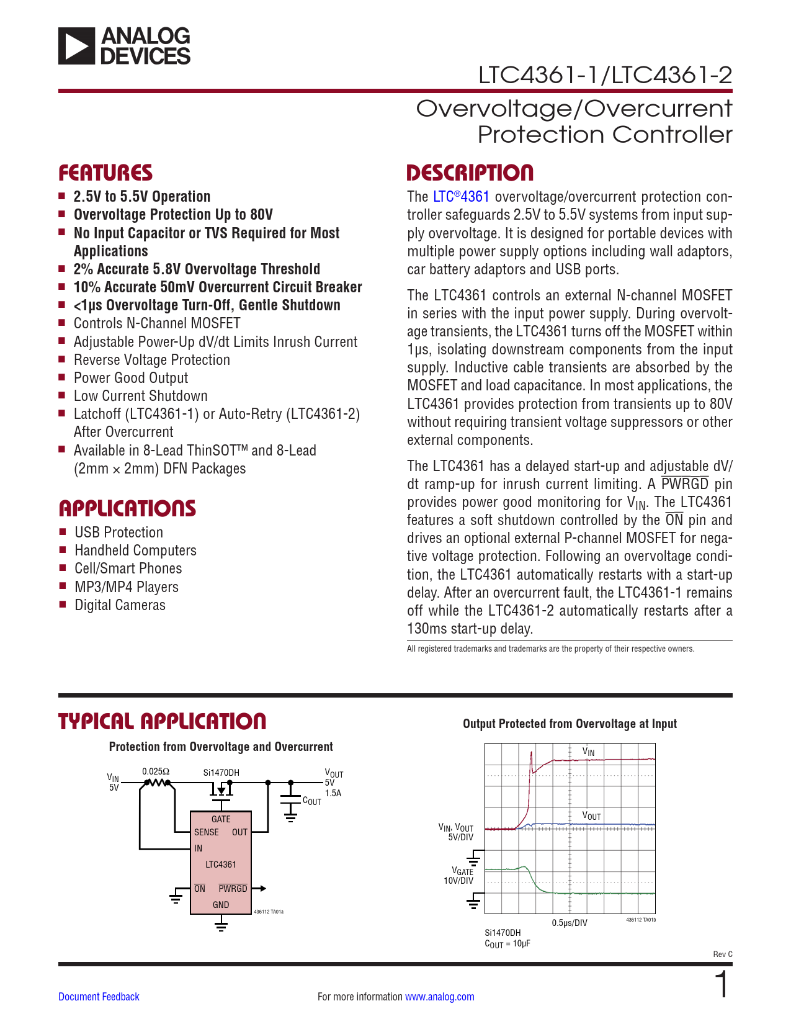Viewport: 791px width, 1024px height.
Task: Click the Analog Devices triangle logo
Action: click(77, 46)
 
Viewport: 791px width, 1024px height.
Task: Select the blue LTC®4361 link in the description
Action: click(461, 197)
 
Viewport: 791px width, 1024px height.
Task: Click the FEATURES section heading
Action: click(105, 173)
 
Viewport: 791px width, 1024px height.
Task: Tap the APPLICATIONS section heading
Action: click(127, 508)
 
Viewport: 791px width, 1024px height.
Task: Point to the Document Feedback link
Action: click(99, 997)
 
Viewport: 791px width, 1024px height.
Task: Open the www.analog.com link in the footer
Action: click(439, 997)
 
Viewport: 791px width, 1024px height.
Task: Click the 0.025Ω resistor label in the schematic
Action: click(155, 771)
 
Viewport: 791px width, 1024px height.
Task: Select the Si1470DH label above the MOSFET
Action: click(221, 773)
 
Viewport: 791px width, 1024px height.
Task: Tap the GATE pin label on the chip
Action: click(221, 819)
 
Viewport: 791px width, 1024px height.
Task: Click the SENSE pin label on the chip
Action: click(206, 832)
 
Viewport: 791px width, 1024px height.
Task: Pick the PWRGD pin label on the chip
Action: click(233, 889)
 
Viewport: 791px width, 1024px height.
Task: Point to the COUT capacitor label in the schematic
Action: click(311, 801)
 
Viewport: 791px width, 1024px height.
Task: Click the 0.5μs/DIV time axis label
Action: click(570, 923)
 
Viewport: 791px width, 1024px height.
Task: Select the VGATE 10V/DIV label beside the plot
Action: click(459, 876)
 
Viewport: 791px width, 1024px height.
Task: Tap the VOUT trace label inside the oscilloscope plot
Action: click(591, 815)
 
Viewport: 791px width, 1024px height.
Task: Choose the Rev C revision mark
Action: click(722, 954)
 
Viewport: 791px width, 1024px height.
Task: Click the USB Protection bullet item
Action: click(118, 532)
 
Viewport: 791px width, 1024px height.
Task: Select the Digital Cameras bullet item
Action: click(120, 605)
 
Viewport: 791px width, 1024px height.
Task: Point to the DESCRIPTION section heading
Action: click(470, 173)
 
